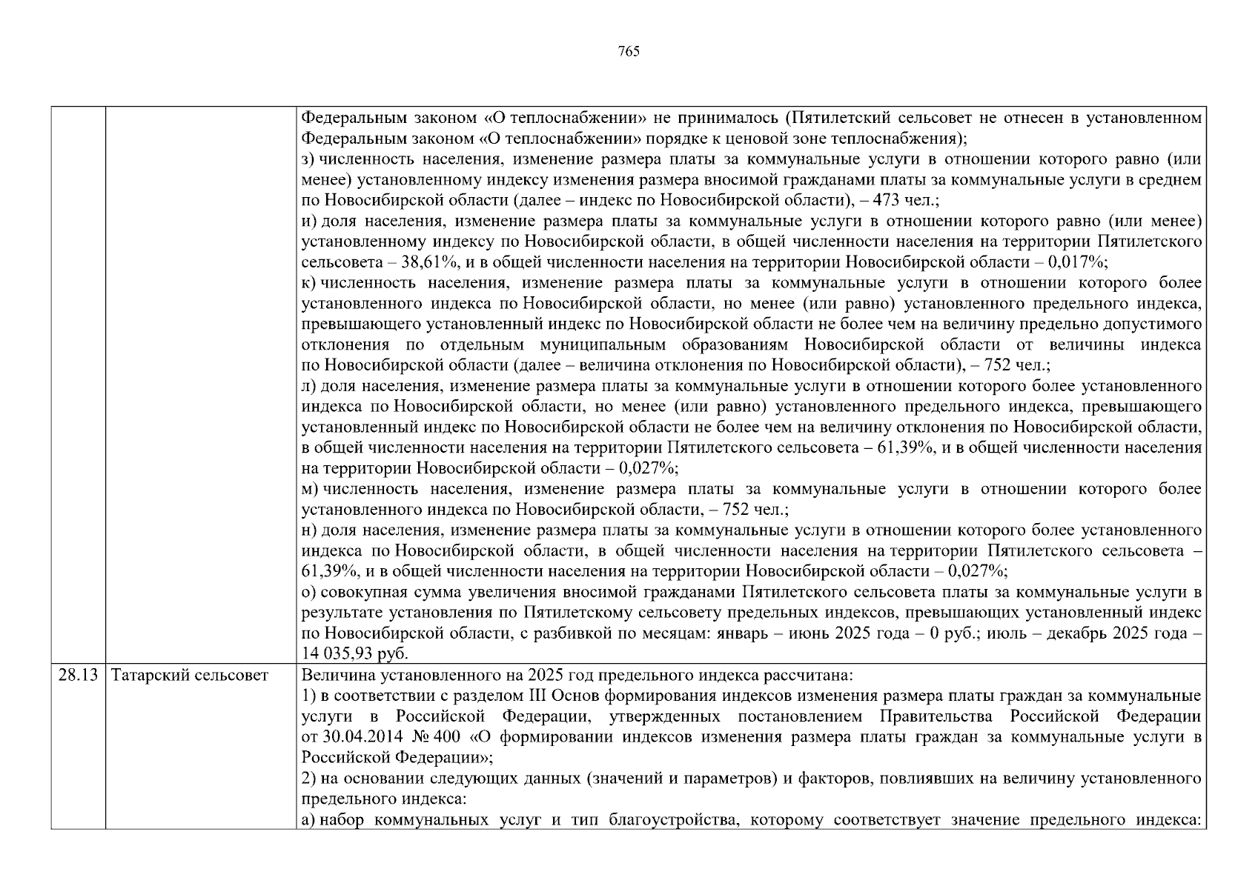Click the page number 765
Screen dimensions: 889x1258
(x=628, y=51)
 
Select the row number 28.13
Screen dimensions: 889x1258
(x=78, y=676)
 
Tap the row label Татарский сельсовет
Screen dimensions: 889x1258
(x=189, y=676)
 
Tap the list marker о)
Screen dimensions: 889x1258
(x=309, y=593)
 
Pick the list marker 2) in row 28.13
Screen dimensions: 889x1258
(x=308, y=779)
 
